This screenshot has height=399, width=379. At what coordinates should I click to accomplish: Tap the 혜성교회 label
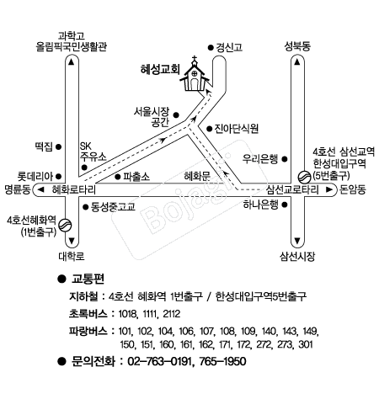click(160, 69)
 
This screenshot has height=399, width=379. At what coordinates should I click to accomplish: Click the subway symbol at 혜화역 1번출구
click(66, 225)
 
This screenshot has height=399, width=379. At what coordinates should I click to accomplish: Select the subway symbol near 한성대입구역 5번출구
click(304, 177)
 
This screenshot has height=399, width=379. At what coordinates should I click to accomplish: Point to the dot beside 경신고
click(211, 48)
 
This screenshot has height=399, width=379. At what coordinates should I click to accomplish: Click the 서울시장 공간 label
click(152, 117)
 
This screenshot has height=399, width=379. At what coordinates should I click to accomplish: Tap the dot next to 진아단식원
click(209, 129)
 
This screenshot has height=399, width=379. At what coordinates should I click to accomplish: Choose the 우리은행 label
click(260, 159)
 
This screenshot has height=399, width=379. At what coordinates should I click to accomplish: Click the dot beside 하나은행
click(285, 205)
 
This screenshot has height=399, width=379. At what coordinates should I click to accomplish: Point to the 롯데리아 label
click(35, 177)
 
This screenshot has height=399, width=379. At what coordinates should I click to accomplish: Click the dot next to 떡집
click(58, 146)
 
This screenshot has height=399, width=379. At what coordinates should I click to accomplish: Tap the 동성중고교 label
click(113, 207)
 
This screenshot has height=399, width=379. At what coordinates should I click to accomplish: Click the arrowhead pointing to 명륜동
click(41, 190)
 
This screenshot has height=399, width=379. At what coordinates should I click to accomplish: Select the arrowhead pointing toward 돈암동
click(329, 189)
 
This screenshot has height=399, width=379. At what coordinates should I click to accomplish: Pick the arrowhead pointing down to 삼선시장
click(297, 241)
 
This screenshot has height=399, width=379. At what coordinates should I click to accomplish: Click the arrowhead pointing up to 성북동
click(297, 61)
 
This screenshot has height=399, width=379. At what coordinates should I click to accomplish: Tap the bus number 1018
click(128, 314)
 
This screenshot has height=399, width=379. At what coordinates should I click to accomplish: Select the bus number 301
click(306, 344)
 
